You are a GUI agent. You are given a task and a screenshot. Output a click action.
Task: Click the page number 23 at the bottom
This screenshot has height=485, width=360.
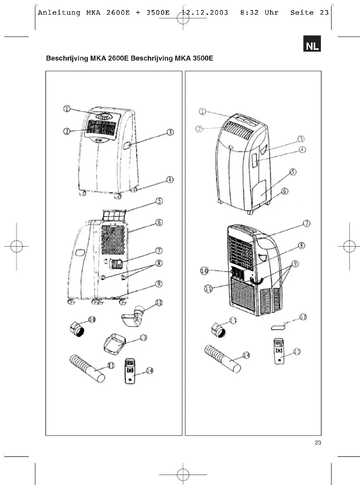click(x=318, y=443)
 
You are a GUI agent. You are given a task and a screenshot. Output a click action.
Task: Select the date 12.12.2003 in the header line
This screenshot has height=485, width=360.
click(x=205, y=13)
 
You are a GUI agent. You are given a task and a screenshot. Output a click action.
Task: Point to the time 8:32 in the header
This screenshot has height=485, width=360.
click(x=250, y=13)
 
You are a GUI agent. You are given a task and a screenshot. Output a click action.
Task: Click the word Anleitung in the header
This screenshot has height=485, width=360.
click(x=59, y=13)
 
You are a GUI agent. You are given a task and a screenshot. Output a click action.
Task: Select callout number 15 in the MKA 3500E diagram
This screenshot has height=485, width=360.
click(x=297, y=351)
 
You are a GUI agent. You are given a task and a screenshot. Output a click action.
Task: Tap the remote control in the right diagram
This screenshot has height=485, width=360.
click(x=279, y=351)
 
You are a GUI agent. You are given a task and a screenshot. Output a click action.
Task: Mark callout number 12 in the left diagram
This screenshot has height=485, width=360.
click(x=158, y=304)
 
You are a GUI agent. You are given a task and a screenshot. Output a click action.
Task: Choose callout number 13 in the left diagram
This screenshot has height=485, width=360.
click(x=143, y=338)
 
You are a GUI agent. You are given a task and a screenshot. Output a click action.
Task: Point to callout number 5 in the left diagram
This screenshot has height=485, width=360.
click(x=159, y=201)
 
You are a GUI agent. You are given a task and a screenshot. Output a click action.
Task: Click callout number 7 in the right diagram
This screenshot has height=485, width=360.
click(x=306, y=223)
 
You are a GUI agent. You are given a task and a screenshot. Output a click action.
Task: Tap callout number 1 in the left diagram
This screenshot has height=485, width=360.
click(x=67, y=109)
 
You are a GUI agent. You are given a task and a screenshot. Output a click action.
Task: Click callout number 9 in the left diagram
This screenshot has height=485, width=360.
click(x=159, y=284)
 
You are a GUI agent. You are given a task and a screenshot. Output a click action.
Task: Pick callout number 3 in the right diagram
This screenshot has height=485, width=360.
click(x=301, y=139)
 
